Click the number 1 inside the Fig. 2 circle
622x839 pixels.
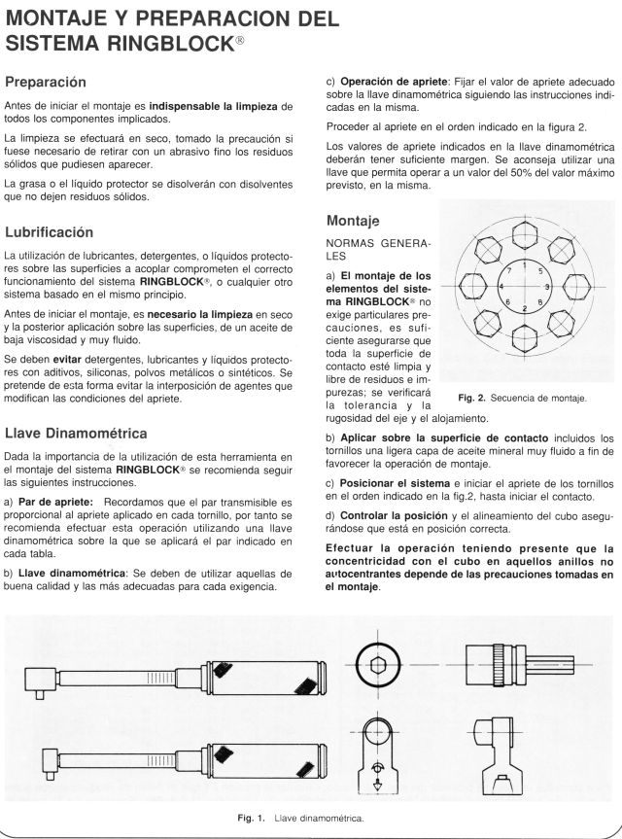click(x=525, y=265)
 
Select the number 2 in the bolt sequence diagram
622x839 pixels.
click(x=525, y=308)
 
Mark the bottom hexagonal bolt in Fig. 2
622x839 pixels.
click(x=525, y=340)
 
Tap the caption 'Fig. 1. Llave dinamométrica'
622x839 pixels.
click(x=300, y=818)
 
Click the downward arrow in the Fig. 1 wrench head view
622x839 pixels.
click(x=379, y=785)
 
